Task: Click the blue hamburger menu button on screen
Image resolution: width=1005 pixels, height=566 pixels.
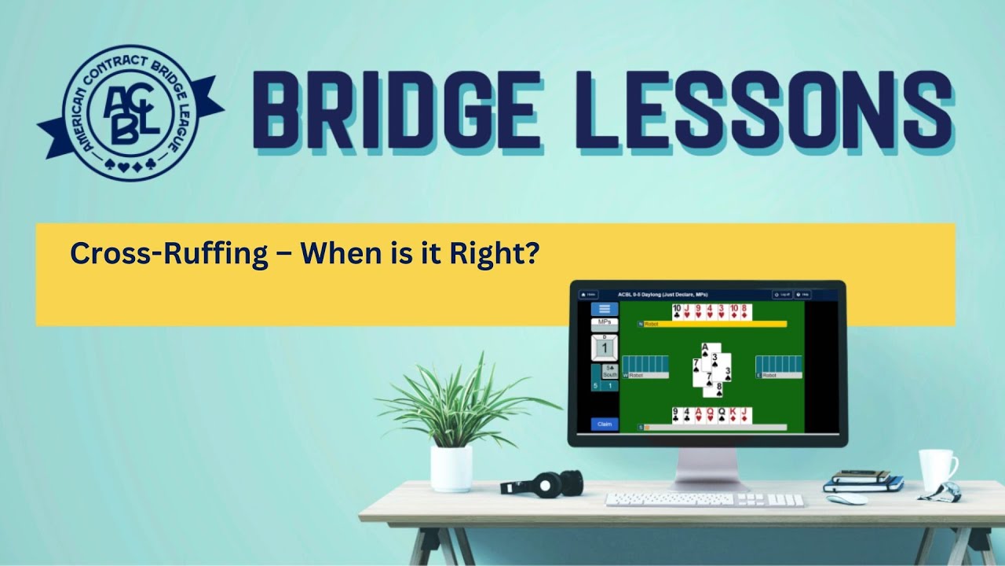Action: [x=604, y=309]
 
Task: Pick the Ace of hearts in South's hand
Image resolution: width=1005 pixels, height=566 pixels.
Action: [x=698, y=416]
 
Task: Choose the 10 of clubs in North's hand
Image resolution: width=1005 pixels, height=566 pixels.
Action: [x=677, y=312]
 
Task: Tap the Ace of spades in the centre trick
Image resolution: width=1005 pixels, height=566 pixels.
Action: [x=706, y=351]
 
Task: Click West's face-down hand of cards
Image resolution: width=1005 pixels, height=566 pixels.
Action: [x=645, y=364]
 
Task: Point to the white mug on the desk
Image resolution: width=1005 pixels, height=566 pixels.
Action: [x=937, y=469]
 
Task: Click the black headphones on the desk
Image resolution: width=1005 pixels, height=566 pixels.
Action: [x=543, y=482]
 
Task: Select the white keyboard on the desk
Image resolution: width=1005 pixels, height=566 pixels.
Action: [x=704, y=500]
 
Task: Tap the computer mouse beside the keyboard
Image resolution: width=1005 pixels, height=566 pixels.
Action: [x=846, y=499]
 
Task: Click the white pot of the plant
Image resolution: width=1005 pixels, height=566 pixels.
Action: [x=451, y=469]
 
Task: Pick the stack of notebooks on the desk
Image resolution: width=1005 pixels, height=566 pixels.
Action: [x=862, y=481]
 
